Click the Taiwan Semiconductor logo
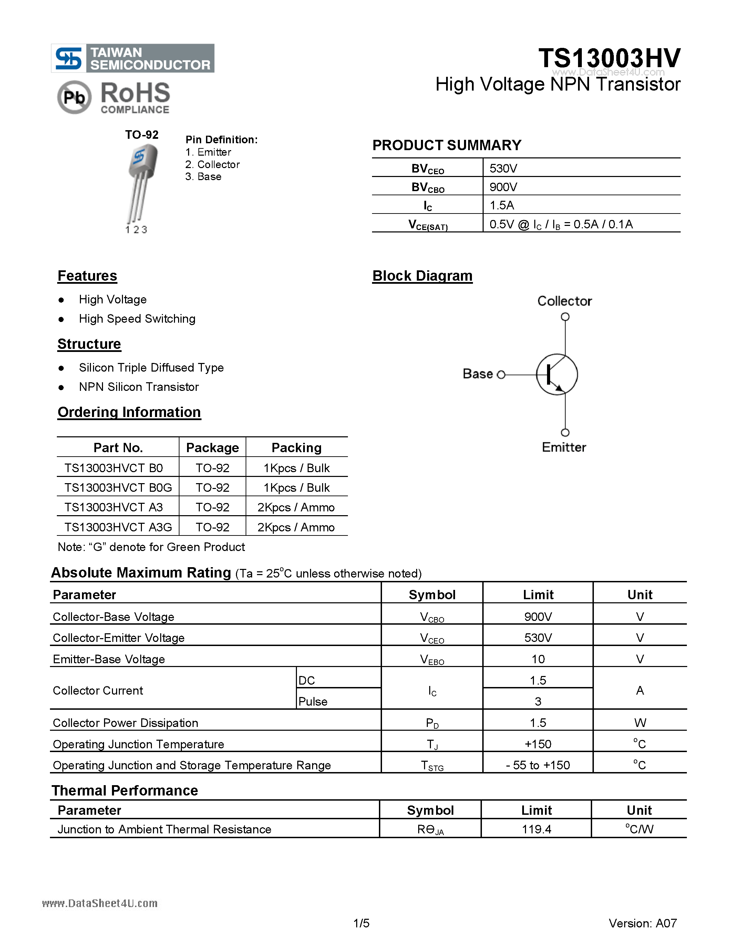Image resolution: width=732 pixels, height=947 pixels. point(132,58)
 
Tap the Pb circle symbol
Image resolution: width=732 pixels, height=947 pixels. point(74,97)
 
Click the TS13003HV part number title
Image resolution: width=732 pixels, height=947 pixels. point(609,58)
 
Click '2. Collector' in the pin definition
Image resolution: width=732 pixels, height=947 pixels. point(213,164)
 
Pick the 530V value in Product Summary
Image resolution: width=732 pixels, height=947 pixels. point(503,168)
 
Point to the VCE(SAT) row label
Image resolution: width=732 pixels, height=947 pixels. point(427,225)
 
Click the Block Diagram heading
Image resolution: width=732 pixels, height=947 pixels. point(422,276)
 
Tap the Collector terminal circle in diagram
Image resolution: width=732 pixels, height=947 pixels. point(565,317)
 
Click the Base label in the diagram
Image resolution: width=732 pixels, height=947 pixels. point(477,374)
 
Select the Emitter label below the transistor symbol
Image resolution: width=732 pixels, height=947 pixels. point(564,447)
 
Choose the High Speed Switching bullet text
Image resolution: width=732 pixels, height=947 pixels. point(137,319)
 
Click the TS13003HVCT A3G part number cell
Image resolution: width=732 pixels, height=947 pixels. point(118,527)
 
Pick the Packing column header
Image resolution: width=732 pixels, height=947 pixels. point(296,447)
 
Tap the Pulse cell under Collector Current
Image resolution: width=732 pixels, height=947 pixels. point(313,701)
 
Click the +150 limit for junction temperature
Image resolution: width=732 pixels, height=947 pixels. point(538,744)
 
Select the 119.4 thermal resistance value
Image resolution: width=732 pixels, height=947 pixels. point(536,829)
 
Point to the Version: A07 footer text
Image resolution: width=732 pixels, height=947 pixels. point(642,923)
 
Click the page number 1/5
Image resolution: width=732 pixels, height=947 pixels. point(361,923)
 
